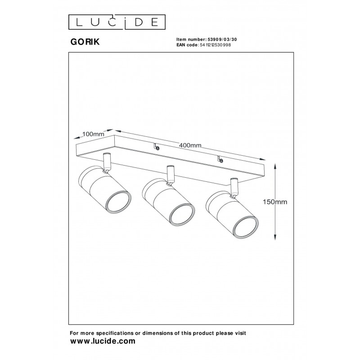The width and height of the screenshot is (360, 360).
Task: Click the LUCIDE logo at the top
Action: [117, 22]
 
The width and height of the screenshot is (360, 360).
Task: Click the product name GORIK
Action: [85, 42]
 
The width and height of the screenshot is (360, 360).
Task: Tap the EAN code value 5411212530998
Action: [216, 45]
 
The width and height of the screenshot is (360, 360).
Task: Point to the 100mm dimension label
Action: [93, 134]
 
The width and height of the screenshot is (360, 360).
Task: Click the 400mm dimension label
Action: [190, 145]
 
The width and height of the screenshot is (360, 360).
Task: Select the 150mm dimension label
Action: [275, 202]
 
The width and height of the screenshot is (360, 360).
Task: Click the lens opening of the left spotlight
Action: [118, 202]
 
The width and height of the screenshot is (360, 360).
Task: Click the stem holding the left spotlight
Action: [107, 162]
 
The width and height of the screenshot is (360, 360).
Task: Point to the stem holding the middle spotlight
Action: [171, 175]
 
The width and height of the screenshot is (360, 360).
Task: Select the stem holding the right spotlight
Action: [234, 187]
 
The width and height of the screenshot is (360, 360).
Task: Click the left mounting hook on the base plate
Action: [157, 147]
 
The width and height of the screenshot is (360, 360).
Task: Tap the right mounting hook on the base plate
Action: [220, 159]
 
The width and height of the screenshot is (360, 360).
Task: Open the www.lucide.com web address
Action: [103, 341]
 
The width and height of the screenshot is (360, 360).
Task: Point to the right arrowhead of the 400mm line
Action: [262, 159]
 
